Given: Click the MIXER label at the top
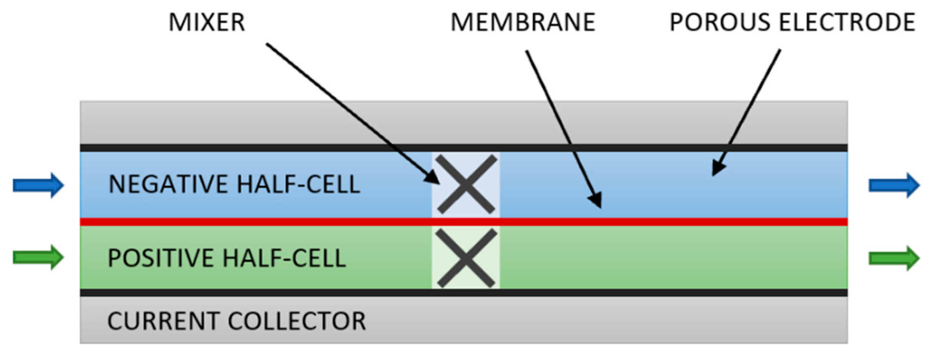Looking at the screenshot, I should pos(206,22).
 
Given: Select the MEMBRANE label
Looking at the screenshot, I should pos(523,22).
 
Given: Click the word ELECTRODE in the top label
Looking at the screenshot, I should pos(847,22).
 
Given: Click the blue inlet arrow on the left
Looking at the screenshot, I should pos(38,185).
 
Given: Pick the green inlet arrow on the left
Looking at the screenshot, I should pos(38,257).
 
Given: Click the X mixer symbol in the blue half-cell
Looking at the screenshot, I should pos(466,184).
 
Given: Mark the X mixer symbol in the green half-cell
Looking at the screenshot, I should pos(466,258).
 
